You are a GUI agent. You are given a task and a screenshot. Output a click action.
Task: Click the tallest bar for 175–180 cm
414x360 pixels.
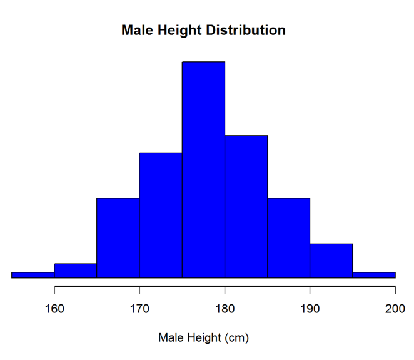pyautogui.click(x=203, y=169)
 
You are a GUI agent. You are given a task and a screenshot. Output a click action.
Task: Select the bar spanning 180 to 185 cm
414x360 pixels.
pyautogui.click(x=246, y=206)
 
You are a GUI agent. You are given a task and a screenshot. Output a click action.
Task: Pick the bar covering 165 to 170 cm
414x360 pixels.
pyautogui.click(x=118, y=237)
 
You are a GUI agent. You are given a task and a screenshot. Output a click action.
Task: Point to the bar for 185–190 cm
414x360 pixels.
pyautogui.click(x=289, y=237)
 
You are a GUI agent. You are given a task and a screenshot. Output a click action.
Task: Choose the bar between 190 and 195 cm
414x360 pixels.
pyautogui.click(x=331, y=260)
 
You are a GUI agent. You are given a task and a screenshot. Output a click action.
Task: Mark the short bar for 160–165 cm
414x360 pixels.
pyautogui.click(x=76, y=270)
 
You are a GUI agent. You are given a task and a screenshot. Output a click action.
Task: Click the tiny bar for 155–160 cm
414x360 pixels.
pyautogui.click(x=33, y=274)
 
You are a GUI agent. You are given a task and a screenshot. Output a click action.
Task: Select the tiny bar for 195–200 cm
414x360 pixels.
pyautogui.click(x=374, y=274)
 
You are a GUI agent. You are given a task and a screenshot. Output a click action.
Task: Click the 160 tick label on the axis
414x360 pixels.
pyautogui.click(x=54, y=308)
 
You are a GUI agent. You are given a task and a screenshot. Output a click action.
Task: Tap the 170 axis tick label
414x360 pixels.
pyautogui.click(x=139, y=308)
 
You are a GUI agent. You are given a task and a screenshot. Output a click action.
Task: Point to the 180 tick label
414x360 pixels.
pyautogui.click(x=225, y=308)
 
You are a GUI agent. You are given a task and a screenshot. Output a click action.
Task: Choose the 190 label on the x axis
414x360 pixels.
pyautogui.click(x=310, y=308)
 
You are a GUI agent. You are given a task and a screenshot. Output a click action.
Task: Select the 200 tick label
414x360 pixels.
pyautogui.click(x=395, y=308)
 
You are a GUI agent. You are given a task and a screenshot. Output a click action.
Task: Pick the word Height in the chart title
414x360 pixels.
pyautogui.click(x=179, y=30)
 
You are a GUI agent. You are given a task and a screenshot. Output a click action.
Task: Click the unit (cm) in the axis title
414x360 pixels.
pyautogui.click(x=237, y=338)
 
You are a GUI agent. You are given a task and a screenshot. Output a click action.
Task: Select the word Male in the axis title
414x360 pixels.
pyautogui.click(x=170, y=338)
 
